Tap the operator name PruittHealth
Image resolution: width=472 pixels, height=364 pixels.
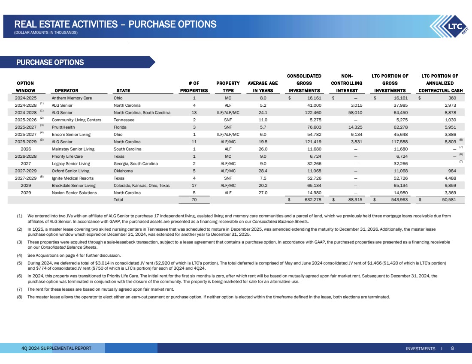click(x=64, y=127)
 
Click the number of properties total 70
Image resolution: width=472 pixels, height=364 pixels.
click(x=194, y=199)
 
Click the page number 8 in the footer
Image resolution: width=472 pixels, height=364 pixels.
click(x=452, y=348)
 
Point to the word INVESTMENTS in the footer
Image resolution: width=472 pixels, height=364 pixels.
click(x=420, y=349)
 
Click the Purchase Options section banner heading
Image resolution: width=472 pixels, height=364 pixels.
click(x=50, y=63)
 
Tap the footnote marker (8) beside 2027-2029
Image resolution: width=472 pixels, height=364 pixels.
click(x=42, y=176)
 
